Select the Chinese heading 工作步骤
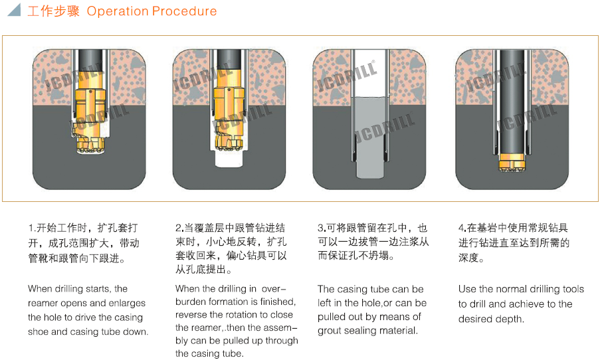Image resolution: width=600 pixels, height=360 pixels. (54, 11)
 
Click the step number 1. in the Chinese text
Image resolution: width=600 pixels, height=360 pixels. (31, 227)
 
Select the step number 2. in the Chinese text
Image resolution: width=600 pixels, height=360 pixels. (179, 227)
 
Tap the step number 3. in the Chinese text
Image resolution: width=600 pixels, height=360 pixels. (321, 227)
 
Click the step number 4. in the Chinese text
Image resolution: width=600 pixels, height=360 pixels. (462, 227)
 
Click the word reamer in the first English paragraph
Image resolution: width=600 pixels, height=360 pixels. (43, 304)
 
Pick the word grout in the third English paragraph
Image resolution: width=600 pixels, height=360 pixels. (332, 331)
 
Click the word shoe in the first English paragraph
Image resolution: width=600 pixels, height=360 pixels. (39, 331)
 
